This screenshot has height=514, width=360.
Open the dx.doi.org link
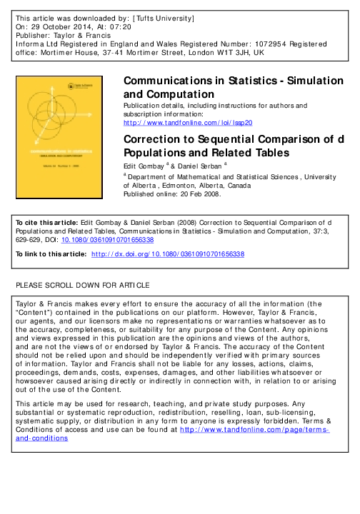169,253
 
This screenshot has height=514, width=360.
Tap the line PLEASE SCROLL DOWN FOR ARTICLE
83,286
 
